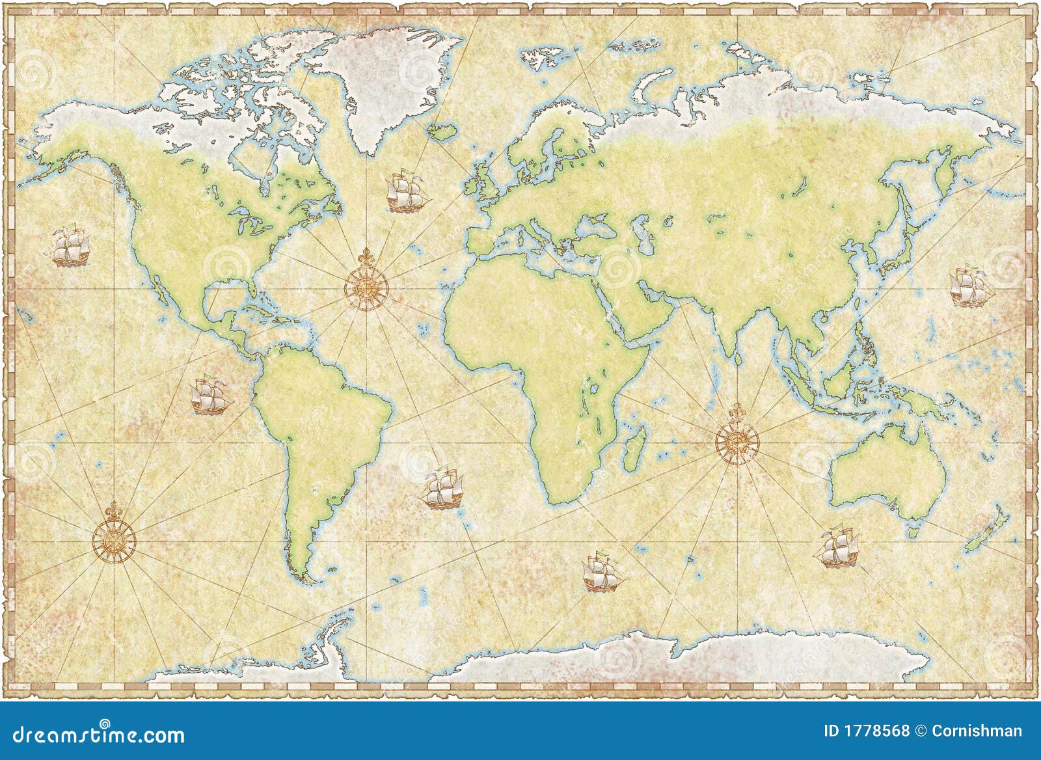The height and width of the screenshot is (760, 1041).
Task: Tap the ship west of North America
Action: point(70,246)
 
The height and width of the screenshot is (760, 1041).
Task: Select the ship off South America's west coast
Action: point(210,395)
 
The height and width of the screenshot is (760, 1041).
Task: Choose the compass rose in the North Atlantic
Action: point(366,284)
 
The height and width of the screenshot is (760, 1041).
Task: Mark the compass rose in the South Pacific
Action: point(114,538)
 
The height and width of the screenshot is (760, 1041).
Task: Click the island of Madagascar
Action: point(634,449)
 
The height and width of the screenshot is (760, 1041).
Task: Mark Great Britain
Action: point(487,178)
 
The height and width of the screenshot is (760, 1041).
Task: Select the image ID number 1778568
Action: point(876,731)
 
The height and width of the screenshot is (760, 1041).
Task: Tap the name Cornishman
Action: point(977,731)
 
